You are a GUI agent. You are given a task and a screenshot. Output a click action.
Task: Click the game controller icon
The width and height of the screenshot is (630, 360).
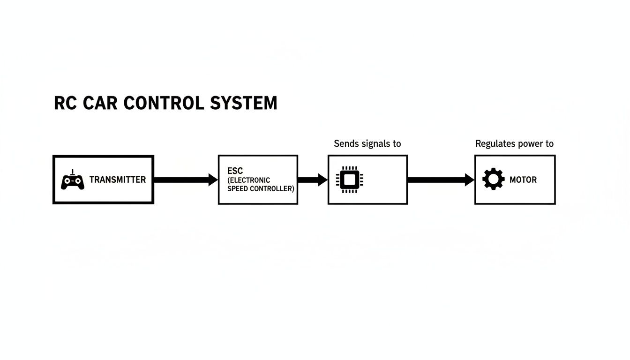(x=73, y=180)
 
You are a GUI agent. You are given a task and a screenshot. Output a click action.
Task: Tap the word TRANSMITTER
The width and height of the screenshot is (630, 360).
(x=117, y=180)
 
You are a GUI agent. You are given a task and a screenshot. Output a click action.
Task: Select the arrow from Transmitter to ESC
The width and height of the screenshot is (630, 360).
(x=186, y=180)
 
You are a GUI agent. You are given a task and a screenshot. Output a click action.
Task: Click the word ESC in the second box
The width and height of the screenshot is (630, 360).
(x=235, y=171)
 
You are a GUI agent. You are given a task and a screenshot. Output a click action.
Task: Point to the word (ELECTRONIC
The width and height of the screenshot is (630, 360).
(x=249, y=180)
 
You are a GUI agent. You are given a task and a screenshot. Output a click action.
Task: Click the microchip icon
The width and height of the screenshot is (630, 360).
(x=350, y=180)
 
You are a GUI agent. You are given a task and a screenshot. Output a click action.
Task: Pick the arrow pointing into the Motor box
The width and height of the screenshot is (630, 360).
(x=441, y=180)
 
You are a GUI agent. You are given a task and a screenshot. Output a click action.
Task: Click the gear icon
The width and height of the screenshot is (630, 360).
(x=493, y=180)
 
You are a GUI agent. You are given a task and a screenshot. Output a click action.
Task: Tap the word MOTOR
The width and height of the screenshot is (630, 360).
(x=523, y=180)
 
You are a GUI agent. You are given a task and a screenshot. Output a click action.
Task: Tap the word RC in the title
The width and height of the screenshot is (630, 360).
(x=65, y=103)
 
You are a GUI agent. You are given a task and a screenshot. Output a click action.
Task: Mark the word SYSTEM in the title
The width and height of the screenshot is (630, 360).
(x=243, y=103)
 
